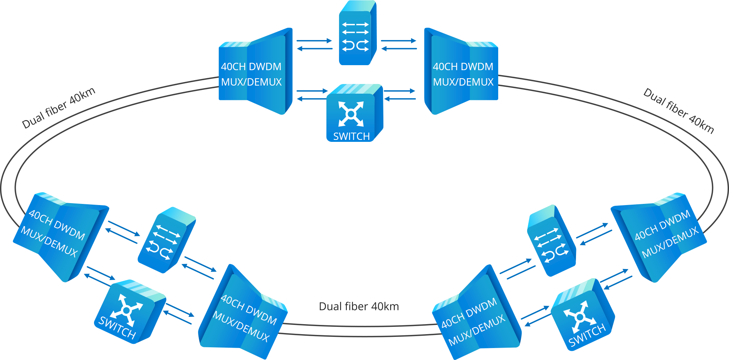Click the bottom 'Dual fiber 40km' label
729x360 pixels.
tap(359, 306)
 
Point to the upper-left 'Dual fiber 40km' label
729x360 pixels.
tap(59, 108)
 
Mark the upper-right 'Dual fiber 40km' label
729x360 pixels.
tap(679, 111)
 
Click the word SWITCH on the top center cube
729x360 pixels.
tap(351, 136)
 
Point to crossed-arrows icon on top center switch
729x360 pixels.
tap(351, 114)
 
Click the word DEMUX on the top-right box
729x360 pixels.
tap(477, 82)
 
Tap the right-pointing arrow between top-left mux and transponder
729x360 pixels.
tap(314, 40)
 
